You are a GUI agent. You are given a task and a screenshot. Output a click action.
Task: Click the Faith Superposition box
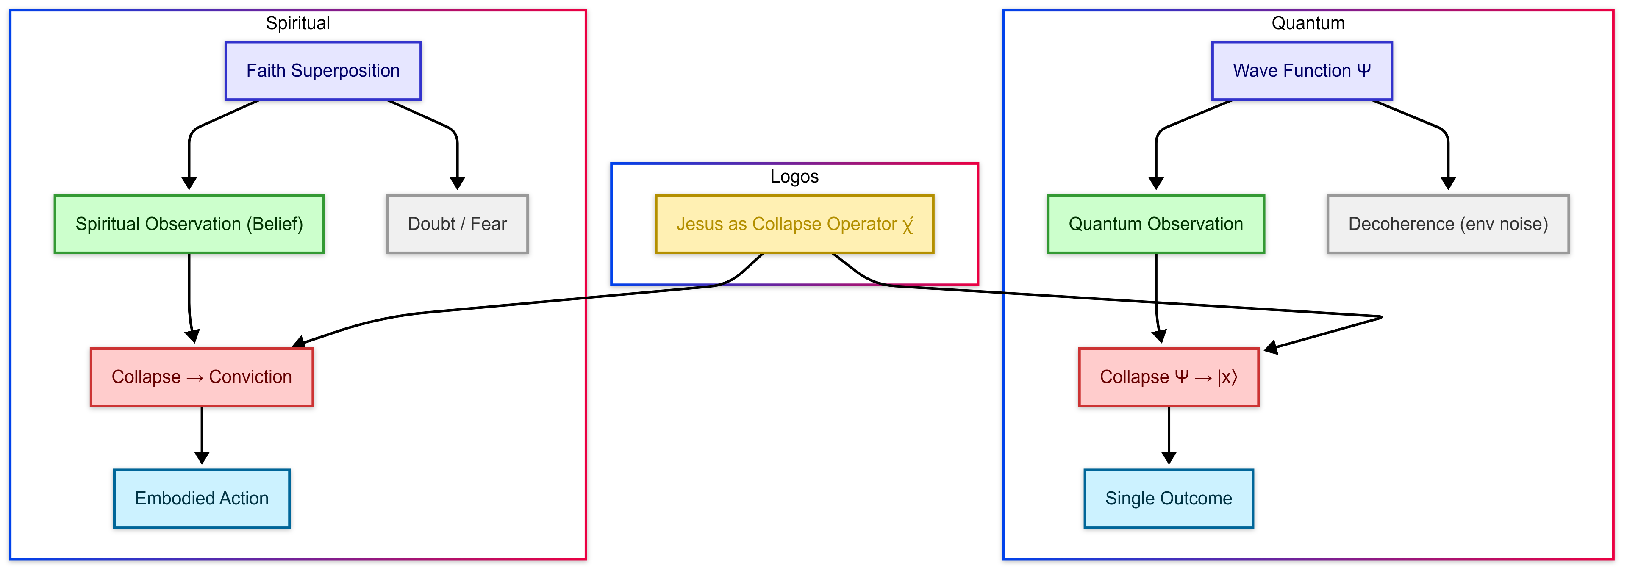pyautogui.click(x=323, y=71)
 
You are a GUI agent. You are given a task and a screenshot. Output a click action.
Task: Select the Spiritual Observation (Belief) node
pyautogui.click(x=189, y=224)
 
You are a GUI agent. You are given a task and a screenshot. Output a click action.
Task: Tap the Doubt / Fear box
pyautogui.click(x=457, y=224)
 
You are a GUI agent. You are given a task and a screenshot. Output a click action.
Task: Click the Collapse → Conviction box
pyautogui.click(x=202, y=377)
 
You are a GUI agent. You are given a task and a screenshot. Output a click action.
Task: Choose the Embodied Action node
pyautogui.click(x=202, y=499)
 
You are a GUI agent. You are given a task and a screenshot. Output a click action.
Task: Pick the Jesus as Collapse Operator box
pyautogui.click(x=794, y=224)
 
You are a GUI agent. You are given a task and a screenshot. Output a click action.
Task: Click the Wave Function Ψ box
pyautogui.click(x=1301, y=71)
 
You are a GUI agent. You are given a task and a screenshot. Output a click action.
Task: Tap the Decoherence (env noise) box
pyautogui.click(x=1448, y=224)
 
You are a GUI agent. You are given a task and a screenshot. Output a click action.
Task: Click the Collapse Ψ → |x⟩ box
pyautogui.click(x=1169, y=377)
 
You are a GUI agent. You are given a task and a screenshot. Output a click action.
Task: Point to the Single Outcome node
pyautogui.click(x=1169, y=499)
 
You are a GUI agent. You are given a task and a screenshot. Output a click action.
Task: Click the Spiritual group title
pyautogui.click(x=297, y=23)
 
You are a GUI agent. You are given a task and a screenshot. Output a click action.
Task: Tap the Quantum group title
pyautogui.click(x=1308, y=23)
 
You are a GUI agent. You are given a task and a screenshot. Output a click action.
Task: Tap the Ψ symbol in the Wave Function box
pyautogui.click(x=1363, y=70)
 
